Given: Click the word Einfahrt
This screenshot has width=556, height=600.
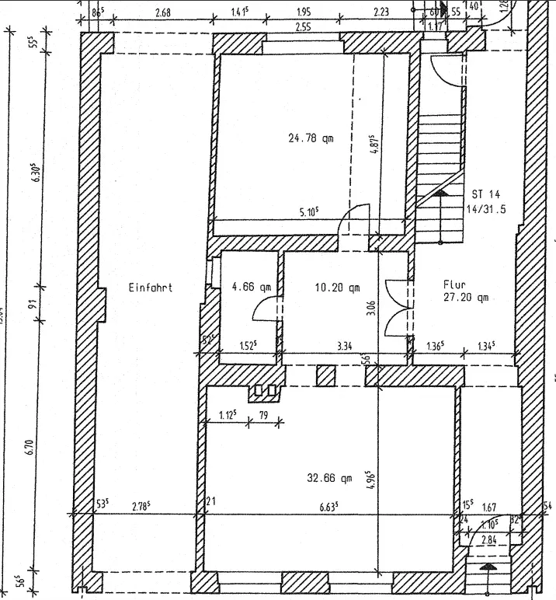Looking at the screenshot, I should point(150,288).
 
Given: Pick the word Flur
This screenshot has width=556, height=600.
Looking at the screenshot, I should point(454,284).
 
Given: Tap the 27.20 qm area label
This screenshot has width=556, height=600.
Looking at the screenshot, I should point(465,297).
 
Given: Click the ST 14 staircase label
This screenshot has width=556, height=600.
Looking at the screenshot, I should point(486,194).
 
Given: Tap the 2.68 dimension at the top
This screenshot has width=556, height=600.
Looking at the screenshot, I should point(163,12).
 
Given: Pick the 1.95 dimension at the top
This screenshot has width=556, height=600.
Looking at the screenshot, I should point(304,12).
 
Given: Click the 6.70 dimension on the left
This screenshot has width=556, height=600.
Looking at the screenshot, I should point(29,447).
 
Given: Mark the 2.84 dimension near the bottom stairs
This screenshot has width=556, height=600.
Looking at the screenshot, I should point(489,539).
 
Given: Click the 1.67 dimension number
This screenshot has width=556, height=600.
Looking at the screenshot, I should point(489,507).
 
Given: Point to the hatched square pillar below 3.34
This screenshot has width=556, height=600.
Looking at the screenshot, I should point(325,376).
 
